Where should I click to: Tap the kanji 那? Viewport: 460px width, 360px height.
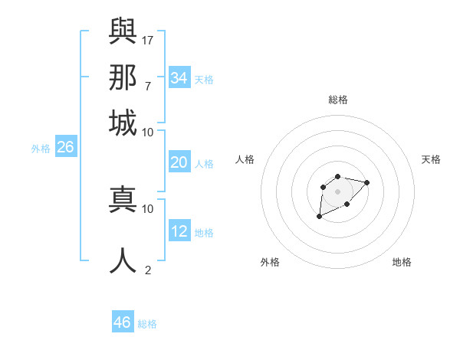(123, 77)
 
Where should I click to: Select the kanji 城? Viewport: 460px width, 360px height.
(123, 123)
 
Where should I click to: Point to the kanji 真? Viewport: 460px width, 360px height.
(123, 199)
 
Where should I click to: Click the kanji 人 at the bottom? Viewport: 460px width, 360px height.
(123, 260)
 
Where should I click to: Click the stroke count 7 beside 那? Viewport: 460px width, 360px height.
(147, 86)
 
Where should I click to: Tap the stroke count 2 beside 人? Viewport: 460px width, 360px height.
(148, 270)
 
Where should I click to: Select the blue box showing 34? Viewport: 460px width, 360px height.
(179, 78)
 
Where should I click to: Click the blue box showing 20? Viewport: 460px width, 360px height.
(179, 162)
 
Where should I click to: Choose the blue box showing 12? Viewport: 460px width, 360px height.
(179, 231)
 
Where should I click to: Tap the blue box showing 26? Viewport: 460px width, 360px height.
(65, 147)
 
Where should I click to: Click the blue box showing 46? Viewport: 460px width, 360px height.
(123, 322)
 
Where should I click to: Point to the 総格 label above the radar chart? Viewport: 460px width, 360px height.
(338, 100)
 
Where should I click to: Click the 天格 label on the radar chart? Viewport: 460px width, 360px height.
(431, 159)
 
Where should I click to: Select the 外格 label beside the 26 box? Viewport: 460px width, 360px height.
(41, 149)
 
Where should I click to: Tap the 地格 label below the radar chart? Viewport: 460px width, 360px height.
(402, 262)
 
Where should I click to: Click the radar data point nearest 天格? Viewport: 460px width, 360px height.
(366, 182)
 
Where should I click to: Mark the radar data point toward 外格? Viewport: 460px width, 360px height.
(319, 217)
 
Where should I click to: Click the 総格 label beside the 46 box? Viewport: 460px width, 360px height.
(147, 324)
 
